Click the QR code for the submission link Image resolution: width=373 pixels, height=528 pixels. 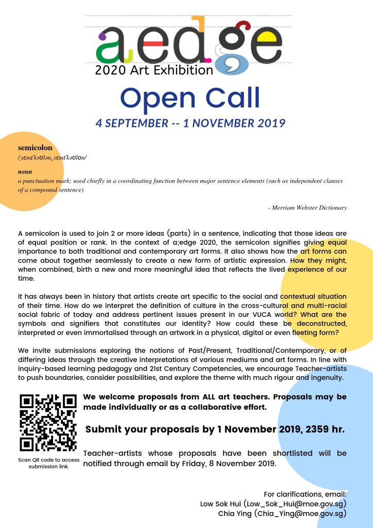48,423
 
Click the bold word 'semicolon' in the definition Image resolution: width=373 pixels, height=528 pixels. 35,148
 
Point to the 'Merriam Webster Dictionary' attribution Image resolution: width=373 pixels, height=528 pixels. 307,207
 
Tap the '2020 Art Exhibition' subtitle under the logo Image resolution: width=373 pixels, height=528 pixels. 154,70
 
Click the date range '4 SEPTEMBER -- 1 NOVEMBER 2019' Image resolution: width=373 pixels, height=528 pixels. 190,123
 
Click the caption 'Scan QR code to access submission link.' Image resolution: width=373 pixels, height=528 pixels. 48,463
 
